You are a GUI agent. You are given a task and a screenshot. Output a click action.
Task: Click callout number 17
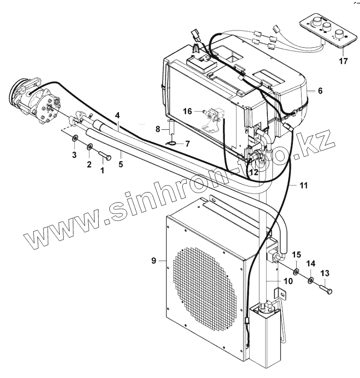pos(343,61)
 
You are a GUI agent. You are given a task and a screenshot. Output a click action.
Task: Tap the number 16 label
pos(187,112)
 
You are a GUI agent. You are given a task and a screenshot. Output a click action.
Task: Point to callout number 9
pos(154,261)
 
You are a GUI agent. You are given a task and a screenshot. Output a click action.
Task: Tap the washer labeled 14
pos(310,281)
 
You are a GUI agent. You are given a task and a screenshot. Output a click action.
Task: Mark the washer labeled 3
pos(75,139)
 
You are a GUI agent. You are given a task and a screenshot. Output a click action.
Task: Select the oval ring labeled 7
pos(173,143)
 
